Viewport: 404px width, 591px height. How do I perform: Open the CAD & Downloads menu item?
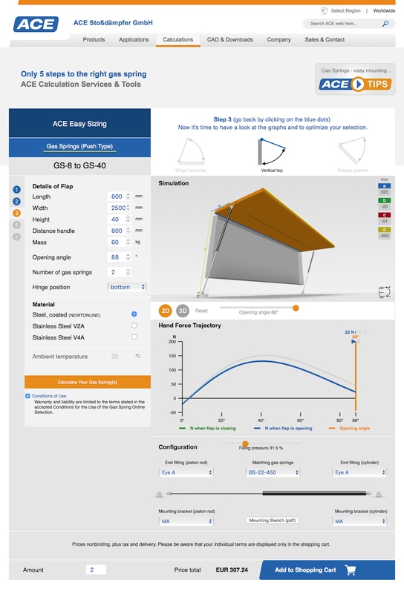pos(229,40)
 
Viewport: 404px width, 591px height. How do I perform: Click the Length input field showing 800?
pos(116,197)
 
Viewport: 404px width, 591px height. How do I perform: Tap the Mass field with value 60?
pos(116,242)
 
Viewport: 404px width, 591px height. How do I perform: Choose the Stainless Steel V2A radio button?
pos(134,326)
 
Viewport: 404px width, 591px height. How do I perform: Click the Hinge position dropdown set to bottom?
pos(127,287)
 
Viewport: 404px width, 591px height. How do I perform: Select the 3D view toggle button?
pos(183,311)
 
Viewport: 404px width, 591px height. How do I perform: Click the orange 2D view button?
pos(166,311)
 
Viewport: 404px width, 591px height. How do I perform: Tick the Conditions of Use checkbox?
pos(28,396)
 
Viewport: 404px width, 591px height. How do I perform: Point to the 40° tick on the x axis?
pos(261,420)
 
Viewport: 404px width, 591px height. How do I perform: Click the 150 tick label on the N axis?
pos(173,356)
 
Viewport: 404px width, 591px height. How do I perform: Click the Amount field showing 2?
pos(97,570)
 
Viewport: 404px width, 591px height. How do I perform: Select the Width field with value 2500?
pos(116,208)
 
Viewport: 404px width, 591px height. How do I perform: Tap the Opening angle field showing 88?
pos(116,257)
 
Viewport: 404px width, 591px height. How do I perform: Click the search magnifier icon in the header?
pos(385,24)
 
